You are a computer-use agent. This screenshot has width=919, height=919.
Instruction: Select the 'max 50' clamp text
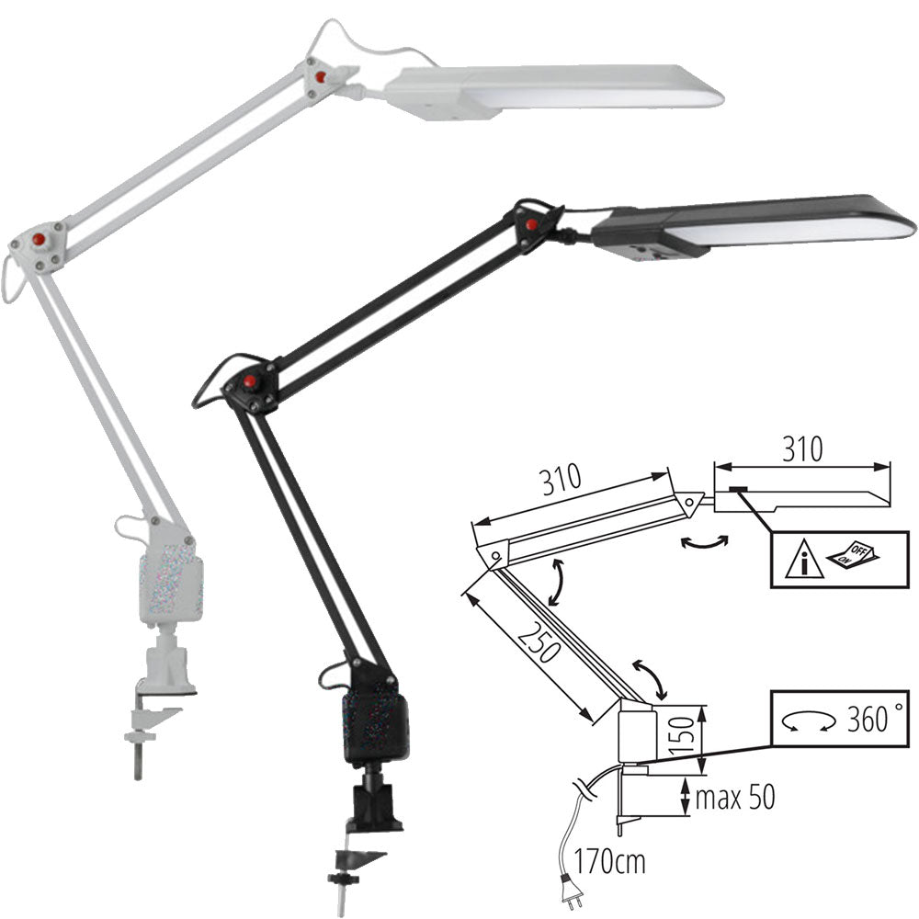pos(735,797)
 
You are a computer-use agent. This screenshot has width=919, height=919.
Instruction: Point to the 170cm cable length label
pos(609,861)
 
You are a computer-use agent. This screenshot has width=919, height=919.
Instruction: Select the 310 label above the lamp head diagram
pos(801,449)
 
